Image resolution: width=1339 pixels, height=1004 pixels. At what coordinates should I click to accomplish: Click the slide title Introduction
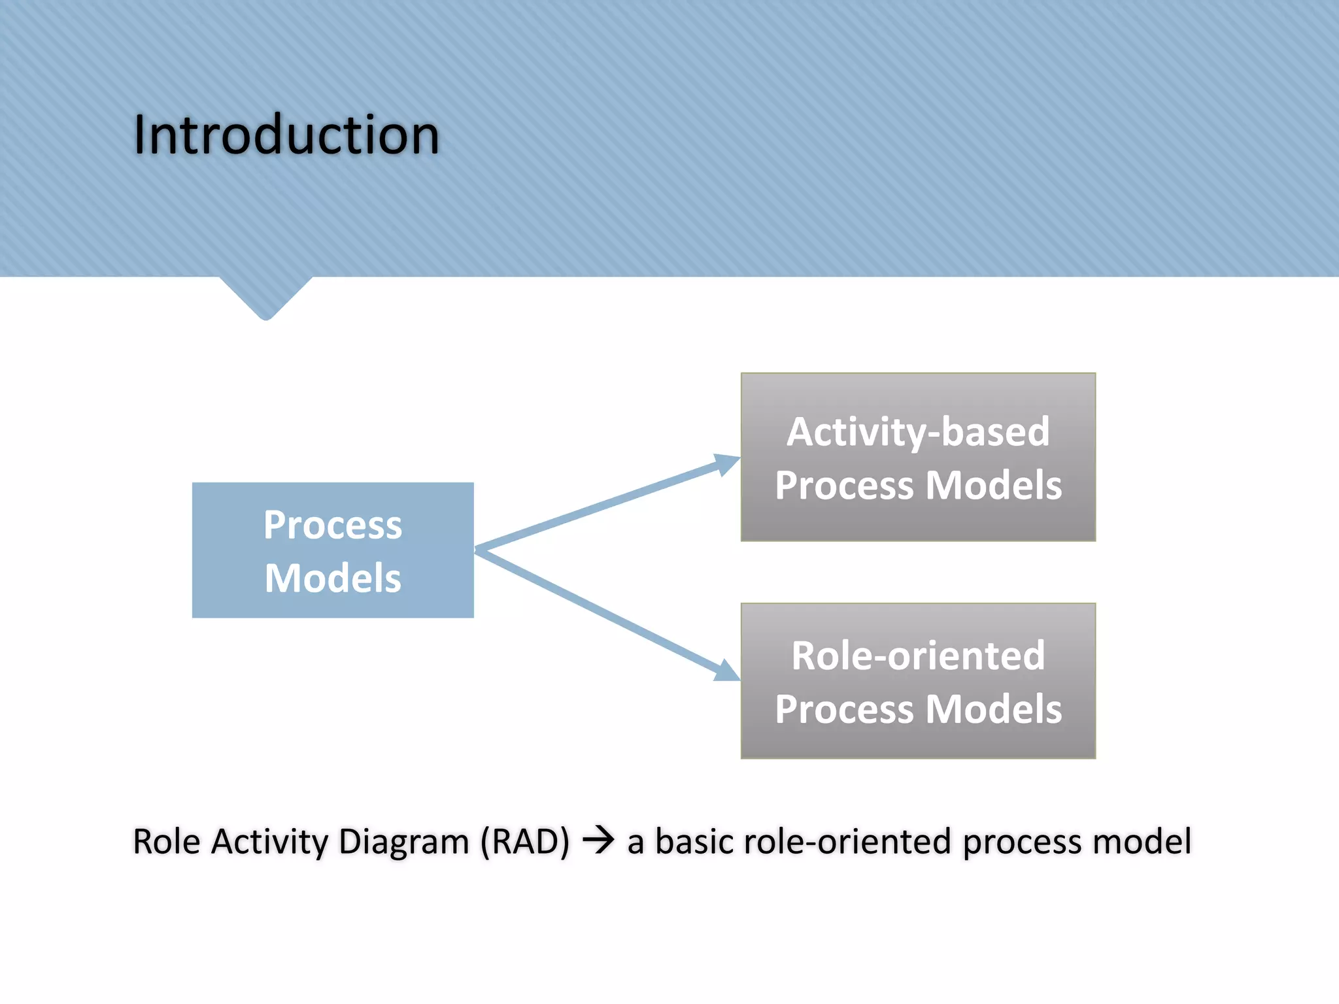tap(286, 135)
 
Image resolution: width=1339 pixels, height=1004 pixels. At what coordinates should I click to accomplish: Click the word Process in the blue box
tap(333, 525)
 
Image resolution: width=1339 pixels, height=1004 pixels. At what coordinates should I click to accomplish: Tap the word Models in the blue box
tap(333, 578)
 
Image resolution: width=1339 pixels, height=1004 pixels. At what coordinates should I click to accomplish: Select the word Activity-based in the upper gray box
tap(918, 433)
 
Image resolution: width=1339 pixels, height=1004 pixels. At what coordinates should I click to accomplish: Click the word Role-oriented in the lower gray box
tap(918, 656)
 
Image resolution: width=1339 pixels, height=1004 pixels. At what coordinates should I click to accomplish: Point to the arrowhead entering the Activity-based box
tap(726, 463)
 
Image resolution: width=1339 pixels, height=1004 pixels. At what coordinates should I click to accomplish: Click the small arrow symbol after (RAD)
tap(598, 840)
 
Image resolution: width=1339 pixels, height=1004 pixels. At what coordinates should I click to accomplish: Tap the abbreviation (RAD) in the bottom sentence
tap(525, 842)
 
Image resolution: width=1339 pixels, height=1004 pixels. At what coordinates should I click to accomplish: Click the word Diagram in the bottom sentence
tap(403, 842)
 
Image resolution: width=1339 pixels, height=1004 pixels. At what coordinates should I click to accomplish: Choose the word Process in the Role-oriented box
tap(844, 710)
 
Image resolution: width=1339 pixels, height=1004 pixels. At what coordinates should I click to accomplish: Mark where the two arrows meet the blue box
tap(477, 550)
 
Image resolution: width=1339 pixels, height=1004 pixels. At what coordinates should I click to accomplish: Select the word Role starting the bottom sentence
tap(166, 842)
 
